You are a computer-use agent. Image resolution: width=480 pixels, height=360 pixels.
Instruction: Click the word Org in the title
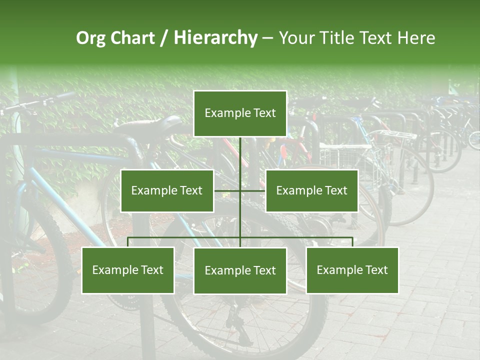(x=90, y=38)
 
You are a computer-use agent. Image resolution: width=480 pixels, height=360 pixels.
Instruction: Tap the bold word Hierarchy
(x=215, y=38)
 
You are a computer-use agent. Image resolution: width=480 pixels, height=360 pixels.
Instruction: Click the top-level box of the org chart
(x=240, y=113)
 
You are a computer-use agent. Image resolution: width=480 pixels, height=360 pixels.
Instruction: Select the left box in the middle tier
(x=167, y=190)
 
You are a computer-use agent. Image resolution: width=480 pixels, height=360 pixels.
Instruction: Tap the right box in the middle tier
(x=311, y=190)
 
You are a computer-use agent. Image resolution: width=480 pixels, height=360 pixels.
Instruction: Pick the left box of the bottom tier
(x=128, y=270)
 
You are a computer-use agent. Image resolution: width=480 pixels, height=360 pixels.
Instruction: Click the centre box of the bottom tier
(x=240, y=270)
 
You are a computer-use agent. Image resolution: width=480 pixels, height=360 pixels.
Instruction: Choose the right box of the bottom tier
(x=352, y=270)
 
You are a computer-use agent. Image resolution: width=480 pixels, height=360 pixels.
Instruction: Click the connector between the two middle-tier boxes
(x=240, y=190)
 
